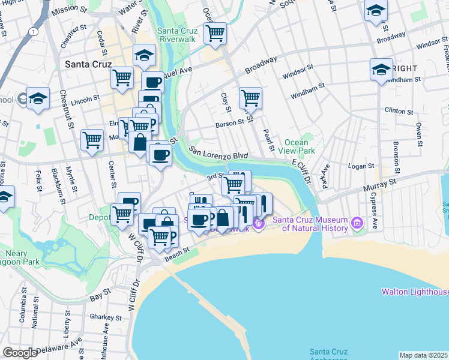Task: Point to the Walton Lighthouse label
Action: (x=415, y=292)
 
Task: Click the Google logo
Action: (x=20, y=353)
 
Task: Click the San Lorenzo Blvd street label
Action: (x=218, y=153)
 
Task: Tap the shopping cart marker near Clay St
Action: (x=250, y=97)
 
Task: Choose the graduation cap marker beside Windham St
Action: (x=381, y=70)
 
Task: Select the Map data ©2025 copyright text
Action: (x=423, y=355)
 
